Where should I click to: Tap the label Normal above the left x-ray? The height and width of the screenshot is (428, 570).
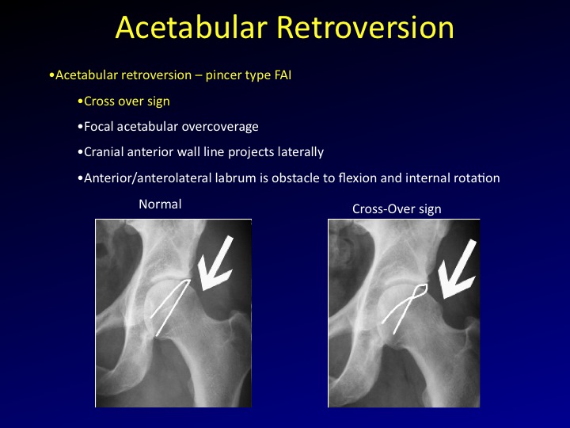160,204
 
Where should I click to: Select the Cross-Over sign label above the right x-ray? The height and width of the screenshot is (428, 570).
397,208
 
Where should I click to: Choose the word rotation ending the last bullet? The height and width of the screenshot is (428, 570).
476,178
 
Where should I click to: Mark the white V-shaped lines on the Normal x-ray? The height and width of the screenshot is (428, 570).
169,305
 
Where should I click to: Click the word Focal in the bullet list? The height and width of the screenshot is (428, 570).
101,127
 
